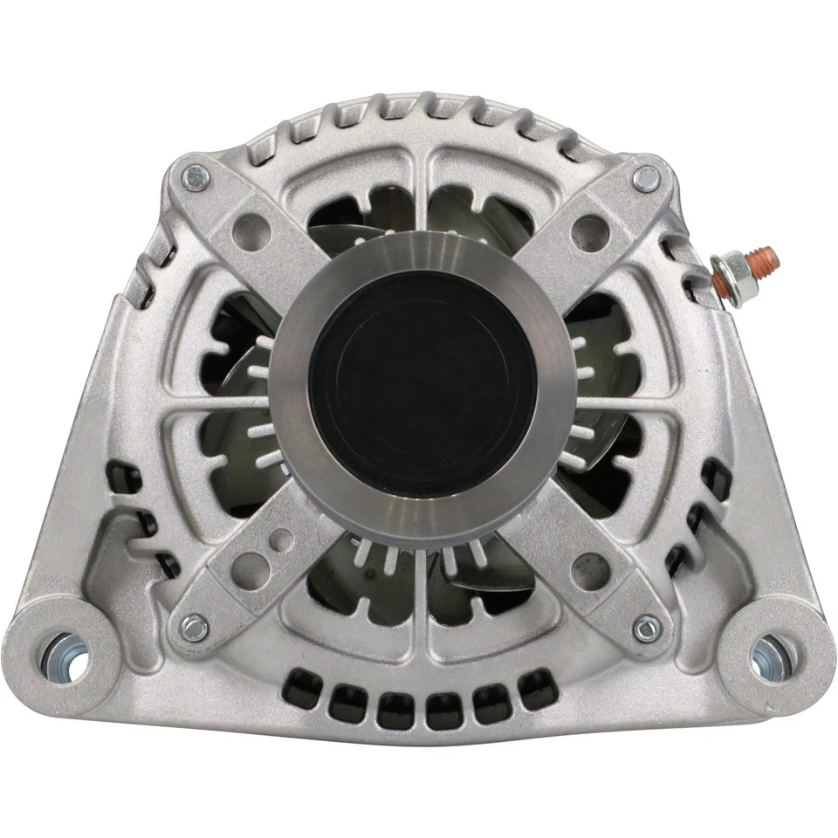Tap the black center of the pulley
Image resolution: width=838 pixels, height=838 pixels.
click(x=422, y=384)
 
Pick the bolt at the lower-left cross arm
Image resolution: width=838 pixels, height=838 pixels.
click(x=193, y=626)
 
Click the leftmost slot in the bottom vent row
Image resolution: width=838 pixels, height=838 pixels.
click(x=303, y=690)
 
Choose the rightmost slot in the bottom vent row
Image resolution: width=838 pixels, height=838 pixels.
click(x=539, y=689)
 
